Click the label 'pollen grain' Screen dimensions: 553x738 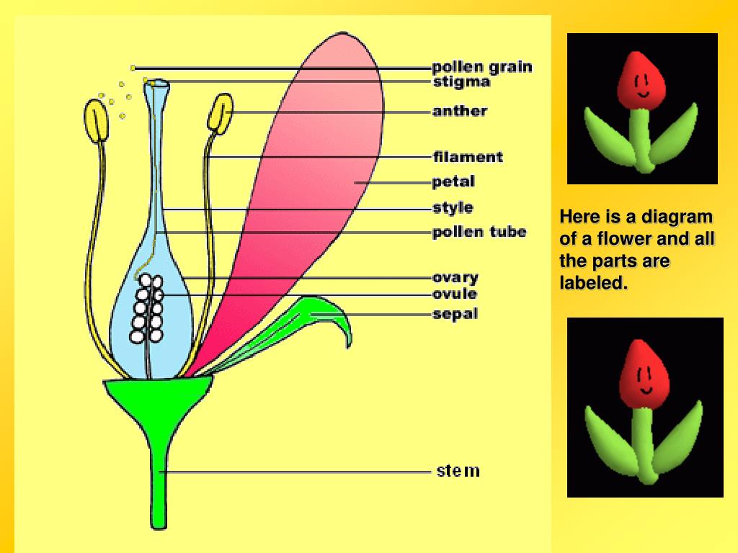click(x=482, y=68)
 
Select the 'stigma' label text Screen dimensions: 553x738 click(x=461, y=82)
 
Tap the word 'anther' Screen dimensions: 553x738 click(x=460, y=111)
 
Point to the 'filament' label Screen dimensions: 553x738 click(x=468, y=156)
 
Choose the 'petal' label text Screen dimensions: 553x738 click(x=453, y=181)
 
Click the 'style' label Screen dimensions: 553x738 click(x=453, y=208)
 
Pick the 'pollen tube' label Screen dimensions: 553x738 click(x=479, y=232)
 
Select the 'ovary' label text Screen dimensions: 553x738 click(x=455, y=277)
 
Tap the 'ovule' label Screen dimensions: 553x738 click(x=454, y=294)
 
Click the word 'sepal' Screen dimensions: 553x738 click(x=455, y=314)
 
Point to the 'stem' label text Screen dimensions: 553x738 click(x=458, y=472)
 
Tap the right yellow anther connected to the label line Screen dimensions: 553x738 click(x=220, y=112)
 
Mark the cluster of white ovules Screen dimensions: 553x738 click(x=148, y=310)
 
